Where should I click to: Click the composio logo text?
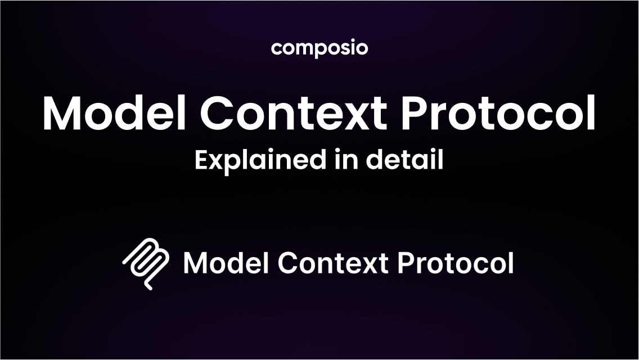tap(319, 48)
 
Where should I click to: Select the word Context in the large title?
tap(294, 113)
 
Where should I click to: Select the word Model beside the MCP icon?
tap(226, 262)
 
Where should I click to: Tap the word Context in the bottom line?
tap(333, 263)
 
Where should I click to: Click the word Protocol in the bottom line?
tap(456, 263)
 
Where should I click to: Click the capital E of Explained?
tap(202, 159)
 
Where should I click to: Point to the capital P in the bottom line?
tap(405, 263)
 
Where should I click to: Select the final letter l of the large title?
tap(591, 112)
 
